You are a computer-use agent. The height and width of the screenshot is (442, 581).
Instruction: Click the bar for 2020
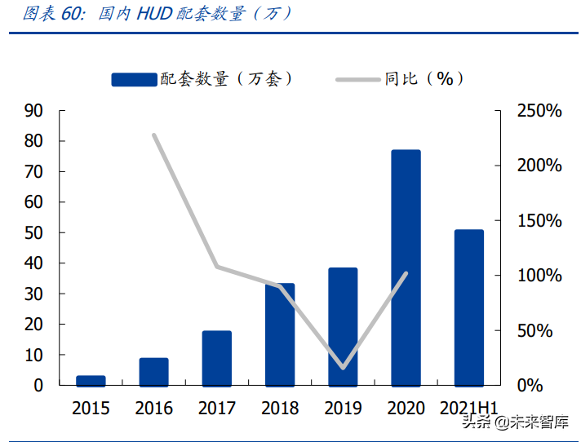pyautogui.click(x=406, y=267)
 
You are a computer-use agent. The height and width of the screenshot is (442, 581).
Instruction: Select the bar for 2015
pyautogui.click(x=91, y=380)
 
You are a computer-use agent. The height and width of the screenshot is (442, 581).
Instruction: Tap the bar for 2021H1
pyautogui.click(x=469, y=307)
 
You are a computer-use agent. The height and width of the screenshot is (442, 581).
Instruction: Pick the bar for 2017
pyautogui.click(x=217, y=358)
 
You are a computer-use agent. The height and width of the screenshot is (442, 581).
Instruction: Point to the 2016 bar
pyautogui.click(x=153, y=371)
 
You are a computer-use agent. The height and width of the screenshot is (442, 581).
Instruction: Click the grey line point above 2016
pyautogui.click(x=153, y=135)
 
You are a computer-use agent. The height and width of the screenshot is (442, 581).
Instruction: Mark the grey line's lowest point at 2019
pyautogui.click(x=343, y=368)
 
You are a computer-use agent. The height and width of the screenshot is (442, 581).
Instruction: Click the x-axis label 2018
pyautogui.click(x=280, y=408)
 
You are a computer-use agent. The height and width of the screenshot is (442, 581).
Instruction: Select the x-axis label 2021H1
pyautogui.click(x=469, y=408)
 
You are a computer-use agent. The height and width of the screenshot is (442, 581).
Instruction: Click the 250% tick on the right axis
pyautogui.click(x=539, y=111)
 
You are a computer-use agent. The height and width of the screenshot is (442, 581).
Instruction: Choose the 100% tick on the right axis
pyautogui.click(x=539, y=276)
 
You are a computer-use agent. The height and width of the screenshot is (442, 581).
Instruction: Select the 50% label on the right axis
pyautogui.click(x=542, y=331)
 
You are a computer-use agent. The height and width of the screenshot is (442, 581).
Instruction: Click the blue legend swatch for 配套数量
pyautogui.click(x=134, y=79)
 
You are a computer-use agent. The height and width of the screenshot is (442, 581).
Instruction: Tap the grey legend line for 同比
pyautogui.click(x=359, y=79)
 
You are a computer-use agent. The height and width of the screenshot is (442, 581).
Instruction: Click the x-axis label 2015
pyautogui.click(x=91, y=408)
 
